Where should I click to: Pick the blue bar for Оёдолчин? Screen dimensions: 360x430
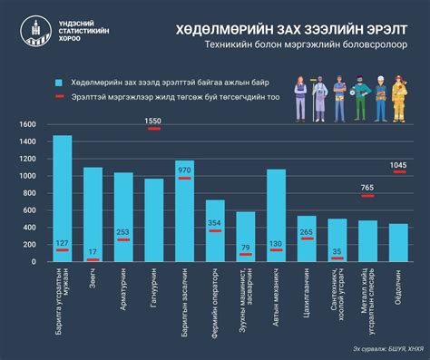pos(398,242)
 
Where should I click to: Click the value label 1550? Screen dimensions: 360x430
pos(153,121)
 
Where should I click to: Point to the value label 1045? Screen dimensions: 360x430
pos(398,164)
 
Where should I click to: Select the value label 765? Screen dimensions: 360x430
pos(367,188)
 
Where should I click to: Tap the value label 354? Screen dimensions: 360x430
pos(215,223)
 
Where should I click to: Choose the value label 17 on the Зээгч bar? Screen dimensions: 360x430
pos(93,251)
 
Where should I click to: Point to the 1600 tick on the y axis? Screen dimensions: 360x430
pos(27,124)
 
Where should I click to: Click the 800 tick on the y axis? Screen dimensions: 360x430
pos(30,193)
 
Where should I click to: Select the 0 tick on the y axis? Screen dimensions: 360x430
pos(34,262)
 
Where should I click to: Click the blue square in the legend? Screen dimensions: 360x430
pos(59,82)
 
